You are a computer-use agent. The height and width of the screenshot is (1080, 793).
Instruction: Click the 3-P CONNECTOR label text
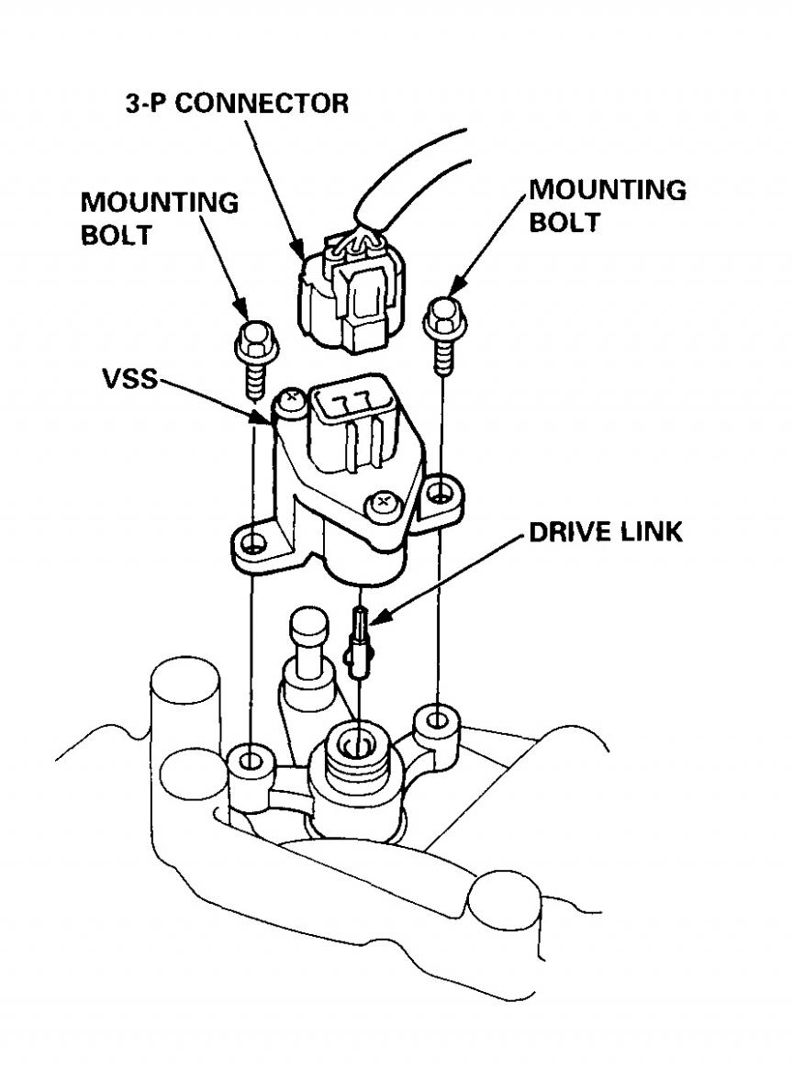(237, 102)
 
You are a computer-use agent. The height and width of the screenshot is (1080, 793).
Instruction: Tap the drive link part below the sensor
(359, 642)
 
